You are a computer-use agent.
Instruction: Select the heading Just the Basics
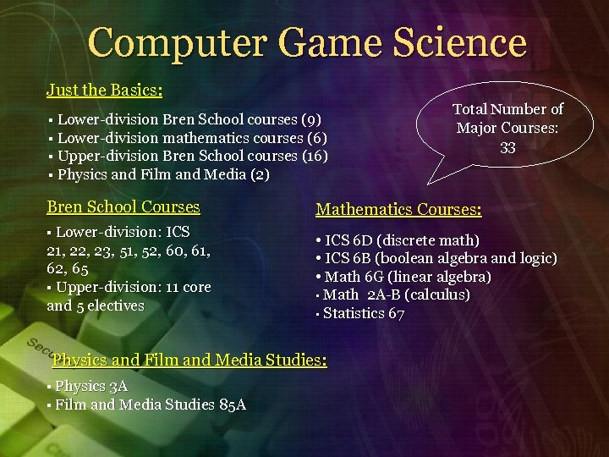[105, 89]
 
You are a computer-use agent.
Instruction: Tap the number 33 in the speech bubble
[507, 147]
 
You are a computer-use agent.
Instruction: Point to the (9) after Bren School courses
[311, 119]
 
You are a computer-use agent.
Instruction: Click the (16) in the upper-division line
[315, 156]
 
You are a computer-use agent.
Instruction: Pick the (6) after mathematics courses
[317, 137]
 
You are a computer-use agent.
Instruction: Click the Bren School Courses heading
[123, 206]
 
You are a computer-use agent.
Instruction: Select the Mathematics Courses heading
[398, 209]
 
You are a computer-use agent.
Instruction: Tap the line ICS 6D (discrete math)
[398, 240]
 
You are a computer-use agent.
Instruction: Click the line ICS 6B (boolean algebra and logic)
[436, 258]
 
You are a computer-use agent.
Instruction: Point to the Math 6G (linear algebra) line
[403, 277]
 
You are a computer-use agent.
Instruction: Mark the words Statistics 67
[364, 313]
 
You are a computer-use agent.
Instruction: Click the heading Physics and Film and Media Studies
[189, 360]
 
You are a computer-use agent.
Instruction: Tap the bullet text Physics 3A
[91, 386]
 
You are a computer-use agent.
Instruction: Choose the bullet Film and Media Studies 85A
[151, 405]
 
